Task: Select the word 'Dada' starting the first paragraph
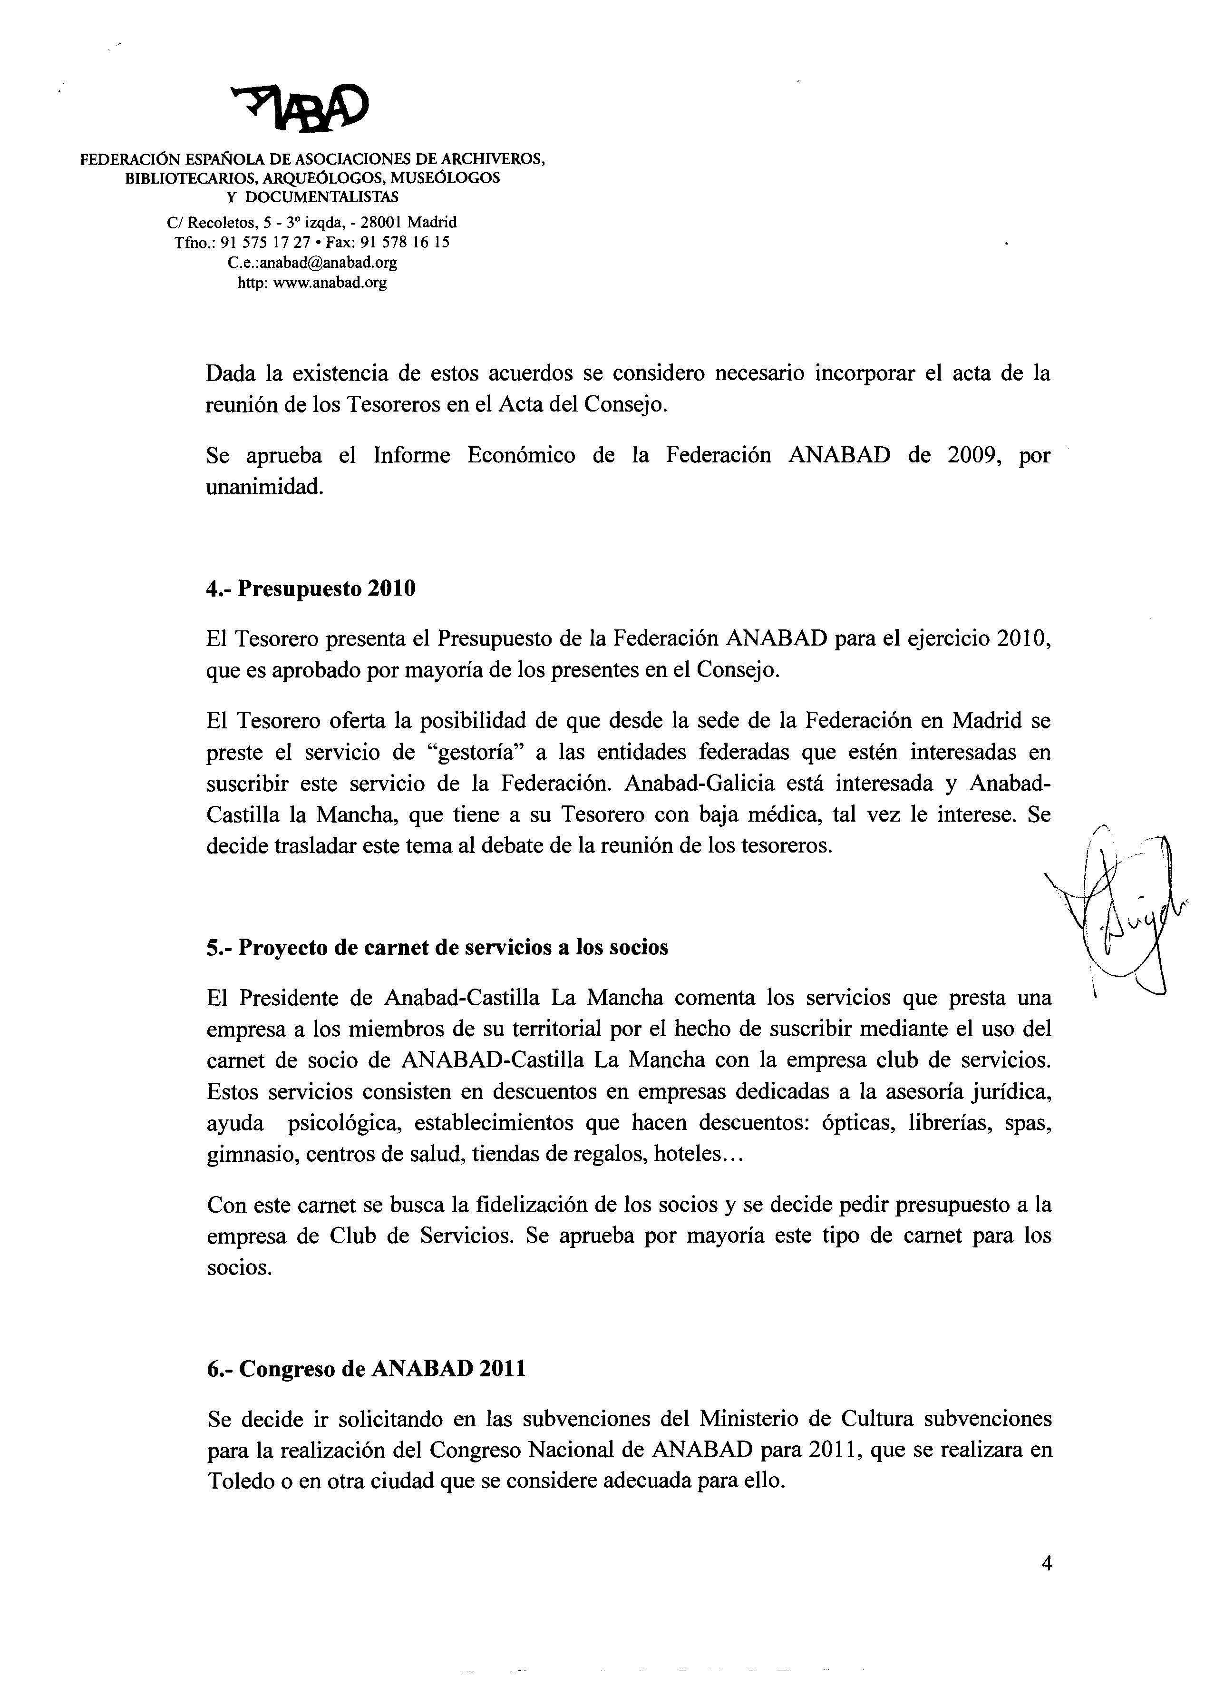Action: [229, 373]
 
